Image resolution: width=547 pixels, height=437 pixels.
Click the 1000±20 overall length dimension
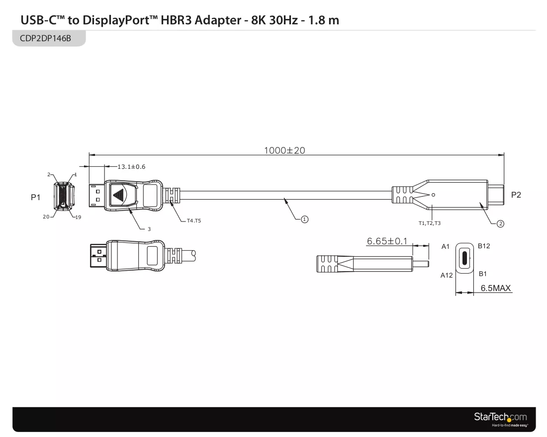[284, 150]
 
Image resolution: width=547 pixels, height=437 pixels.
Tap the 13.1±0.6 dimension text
[131, 166]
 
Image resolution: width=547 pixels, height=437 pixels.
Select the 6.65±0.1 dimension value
[387, 241]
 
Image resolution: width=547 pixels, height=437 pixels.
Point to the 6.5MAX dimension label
[495, 288]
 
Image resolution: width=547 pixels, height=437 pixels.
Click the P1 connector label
[36, 197]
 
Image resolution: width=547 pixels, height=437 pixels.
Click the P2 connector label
[516, 195]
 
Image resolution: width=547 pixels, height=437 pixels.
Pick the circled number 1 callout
[304, 219]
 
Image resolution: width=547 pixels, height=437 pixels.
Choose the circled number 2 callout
[500, 224]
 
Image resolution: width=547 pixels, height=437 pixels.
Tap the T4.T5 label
[194, 220]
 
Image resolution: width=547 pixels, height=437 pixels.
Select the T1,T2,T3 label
[430, 223]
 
